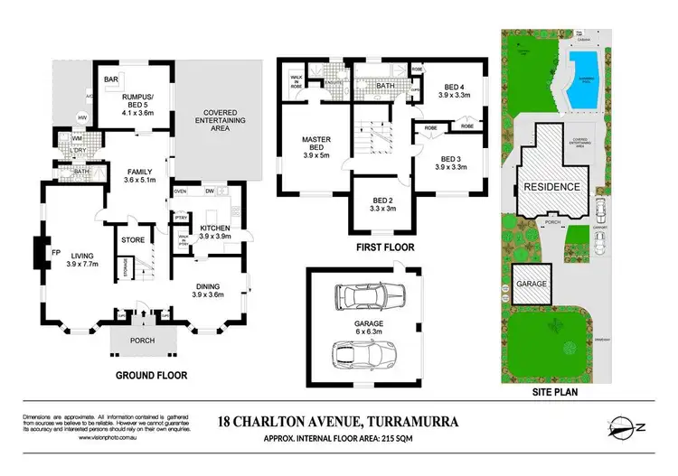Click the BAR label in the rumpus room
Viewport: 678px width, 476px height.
113,80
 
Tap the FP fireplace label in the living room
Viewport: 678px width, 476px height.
55,253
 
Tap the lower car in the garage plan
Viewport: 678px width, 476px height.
364,353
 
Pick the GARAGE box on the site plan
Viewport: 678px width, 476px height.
532,284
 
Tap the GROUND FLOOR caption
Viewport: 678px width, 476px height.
152,375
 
